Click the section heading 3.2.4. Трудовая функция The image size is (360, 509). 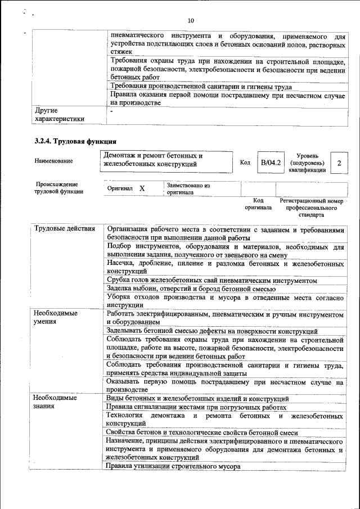pos(75,141)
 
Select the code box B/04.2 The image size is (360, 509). pos(271,163)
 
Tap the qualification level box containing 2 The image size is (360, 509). pos(339,163)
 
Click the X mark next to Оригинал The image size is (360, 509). pos(142,188)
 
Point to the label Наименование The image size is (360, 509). pos(53,161)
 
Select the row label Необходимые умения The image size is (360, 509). pos(55,317)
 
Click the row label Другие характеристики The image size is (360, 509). pos(59,115)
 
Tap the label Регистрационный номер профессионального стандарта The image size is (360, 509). pos(311,208)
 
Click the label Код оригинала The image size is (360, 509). pos(258,204)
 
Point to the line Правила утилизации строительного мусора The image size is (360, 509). pos(173,466)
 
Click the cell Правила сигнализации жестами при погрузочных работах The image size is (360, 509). pos(197,407)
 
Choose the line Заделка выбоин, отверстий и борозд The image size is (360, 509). pos(191,289)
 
